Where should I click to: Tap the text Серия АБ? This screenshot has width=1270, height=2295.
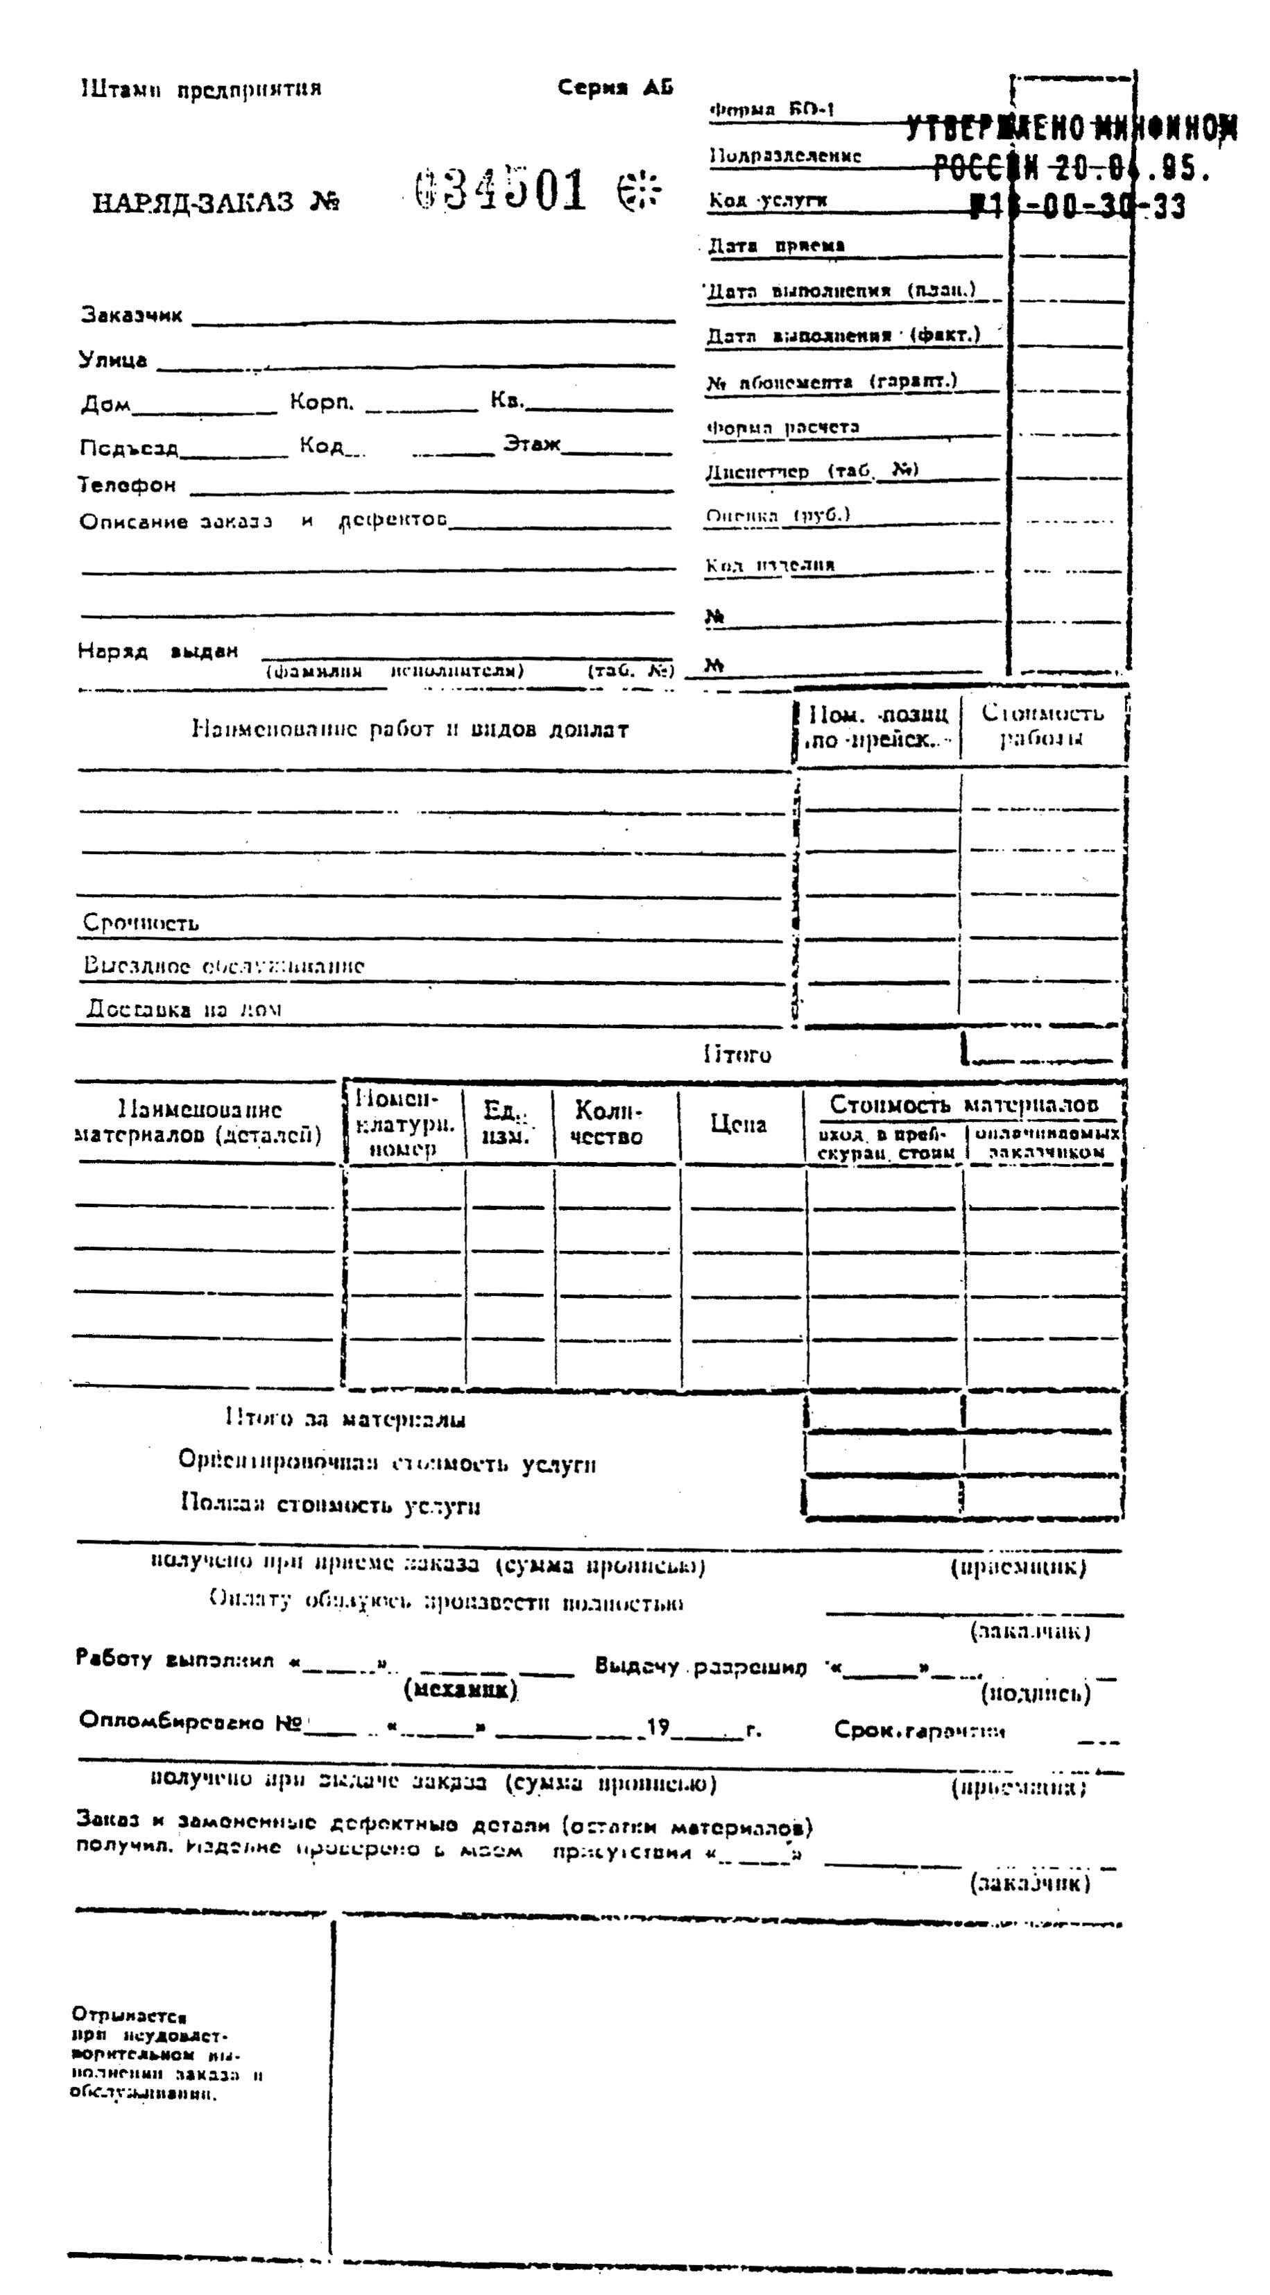click(615, 87)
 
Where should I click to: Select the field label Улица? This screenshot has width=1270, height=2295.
click(113, 360)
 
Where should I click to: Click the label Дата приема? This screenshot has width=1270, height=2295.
click(775, 246)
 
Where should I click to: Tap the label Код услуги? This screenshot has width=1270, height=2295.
click(768, 201)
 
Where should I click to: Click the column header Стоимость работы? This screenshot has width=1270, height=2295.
click(1042, 725)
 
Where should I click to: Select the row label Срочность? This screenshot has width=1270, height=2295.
click(141, 922)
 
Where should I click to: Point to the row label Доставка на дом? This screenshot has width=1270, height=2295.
click(184, 1009)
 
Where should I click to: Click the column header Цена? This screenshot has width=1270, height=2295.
click(738, 1125)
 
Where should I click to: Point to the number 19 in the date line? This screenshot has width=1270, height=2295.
click(658, 1727)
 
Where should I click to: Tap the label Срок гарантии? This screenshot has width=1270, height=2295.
click(919, 1730)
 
